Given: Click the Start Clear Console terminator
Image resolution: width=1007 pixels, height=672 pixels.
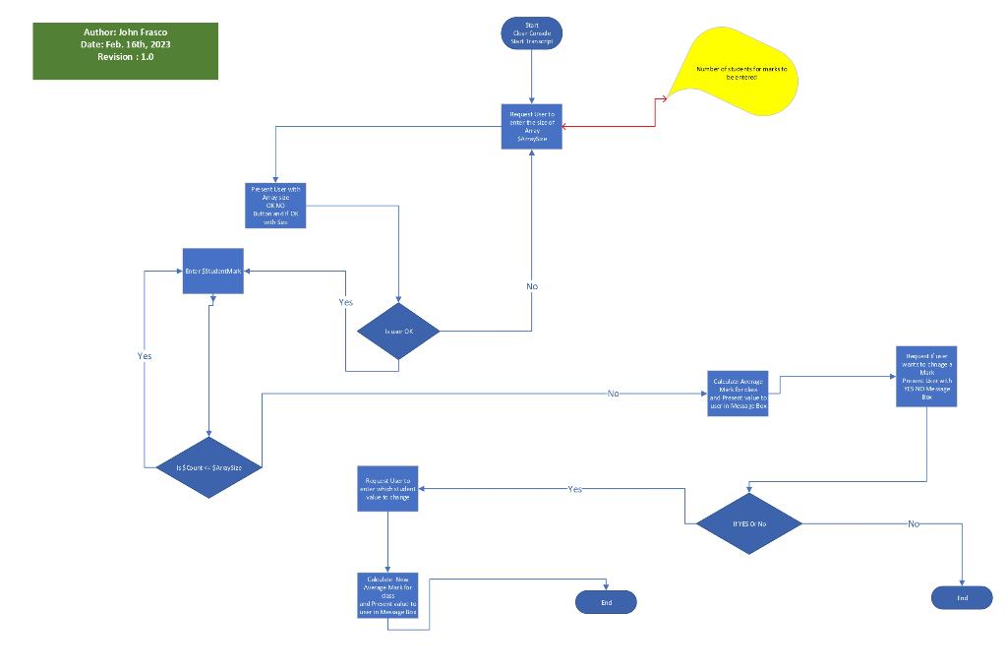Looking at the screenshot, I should coord(532,33).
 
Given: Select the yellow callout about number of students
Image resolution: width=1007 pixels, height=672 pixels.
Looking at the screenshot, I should coord(740,70).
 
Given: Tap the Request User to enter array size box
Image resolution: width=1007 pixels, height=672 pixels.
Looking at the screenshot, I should coord(532,126).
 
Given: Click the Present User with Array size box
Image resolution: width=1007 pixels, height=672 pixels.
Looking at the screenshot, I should coord(275,206).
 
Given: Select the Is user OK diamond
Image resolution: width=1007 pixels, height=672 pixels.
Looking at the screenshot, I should coord(398,331).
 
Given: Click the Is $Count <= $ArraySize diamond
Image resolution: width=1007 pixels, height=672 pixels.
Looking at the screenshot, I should coord(208,467).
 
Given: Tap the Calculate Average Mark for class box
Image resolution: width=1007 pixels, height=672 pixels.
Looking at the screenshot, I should coord(738,394).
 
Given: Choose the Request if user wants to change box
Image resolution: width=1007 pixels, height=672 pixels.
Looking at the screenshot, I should coord(926,375).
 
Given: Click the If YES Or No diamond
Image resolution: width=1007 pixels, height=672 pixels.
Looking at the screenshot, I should coord(749,523).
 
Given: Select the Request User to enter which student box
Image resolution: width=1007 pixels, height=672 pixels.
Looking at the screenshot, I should coord(387,489).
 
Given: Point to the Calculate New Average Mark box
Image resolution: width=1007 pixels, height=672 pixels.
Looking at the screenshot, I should coord(387,595).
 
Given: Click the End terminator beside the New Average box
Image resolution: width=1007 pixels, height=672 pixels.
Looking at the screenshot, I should coord(606,602).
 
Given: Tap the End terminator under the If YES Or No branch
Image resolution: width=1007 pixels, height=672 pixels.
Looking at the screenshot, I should coord(962,597).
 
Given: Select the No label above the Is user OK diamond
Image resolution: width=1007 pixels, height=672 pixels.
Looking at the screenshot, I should coord(532,286).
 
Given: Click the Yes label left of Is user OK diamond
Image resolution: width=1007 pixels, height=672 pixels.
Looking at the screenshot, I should coord(345,302).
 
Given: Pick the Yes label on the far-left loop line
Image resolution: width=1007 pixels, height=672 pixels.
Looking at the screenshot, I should coord(145,356).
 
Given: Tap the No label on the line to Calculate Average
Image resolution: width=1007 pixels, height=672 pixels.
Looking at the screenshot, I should coord(613,394).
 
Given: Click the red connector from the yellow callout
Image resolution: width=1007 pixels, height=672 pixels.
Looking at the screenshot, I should coord(654,113).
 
